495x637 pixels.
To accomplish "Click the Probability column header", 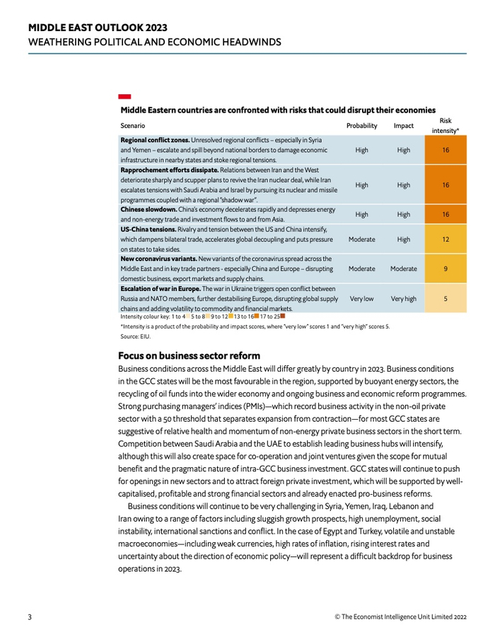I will point(361,126).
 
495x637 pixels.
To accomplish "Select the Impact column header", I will point(403,126).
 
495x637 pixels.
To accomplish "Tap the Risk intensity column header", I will point(445,126).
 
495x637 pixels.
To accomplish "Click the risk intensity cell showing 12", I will point(445,240).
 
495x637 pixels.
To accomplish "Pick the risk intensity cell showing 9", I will point(445,269).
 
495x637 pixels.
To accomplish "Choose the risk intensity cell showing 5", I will point(445,299).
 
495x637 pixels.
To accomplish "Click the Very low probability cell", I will point(361,299).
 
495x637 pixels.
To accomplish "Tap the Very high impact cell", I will point(403,299).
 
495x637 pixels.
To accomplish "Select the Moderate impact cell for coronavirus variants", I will point(403,269).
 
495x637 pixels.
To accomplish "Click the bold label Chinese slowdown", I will point(146,210).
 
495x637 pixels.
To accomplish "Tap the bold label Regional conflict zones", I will point(155,140).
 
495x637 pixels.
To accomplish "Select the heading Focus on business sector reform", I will point(189,355).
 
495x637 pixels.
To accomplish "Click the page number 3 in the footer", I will point(30,616).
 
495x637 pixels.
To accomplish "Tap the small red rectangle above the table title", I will point(124,96).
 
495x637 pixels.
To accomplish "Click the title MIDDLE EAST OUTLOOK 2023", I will point(98,28).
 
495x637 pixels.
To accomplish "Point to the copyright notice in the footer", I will point(400,616).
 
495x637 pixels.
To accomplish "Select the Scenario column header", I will point(133,126).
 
